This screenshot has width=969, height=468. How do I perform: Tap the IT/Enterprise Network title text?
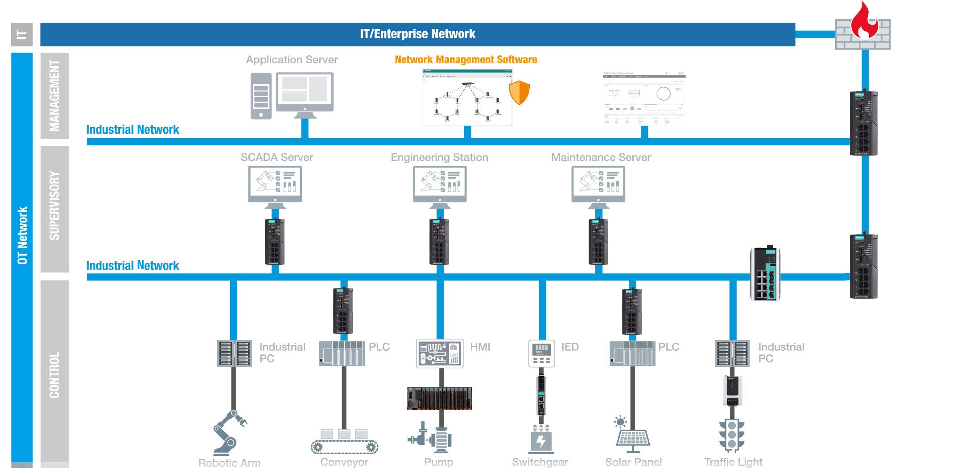pos(417,34)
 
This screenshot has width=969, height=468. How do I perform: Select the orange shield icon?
pos(520,92)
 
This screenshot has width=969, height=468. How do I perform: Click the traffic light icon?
pos(732,435)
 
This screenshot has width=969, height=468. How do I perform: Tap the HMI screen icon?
pos(440,353)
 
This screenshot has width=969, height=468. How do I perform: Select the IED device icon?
pos(541,353)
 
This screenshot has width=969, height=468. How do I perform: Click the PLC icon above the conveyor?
pos(342,353)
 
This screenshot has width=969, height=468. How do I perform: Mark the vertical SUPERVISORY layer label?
pos(54,206)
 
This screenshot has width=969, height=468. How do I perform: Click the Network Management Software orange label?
pos(466,60)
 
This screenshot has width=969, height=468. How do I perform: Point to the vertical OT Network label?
pos(22,235)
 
